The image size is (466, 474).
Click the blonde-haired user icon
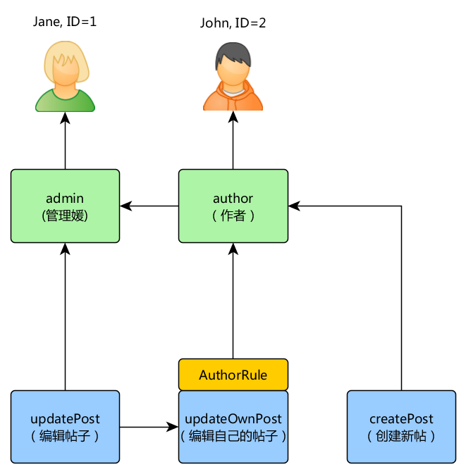click(x=65, y=76)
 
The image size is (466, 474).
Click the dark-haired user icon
click(x=233, y=76)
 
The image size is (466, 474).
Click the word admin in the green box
click(x=65, y=198)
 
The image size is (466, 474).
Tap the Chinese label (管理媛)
click(x=65, y=216)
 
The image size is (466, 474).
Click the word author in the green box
click(x=233, y=198)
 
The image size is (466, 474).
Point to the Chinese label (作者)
click(x=233, y=216)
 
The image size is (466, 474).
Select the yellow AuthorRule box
click(x=233, y=375)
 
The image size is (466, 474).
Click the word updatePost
click(x=65, y=419)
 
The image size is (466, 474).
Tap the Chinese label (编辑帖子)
click(x=65, y=436)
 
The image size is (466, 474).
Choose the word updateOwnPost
click(x=233, y=419)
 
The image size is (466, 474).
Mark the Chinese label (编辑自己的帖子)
click(x=233, y=436)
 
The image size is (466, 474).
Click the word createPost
click(x=401, y=419)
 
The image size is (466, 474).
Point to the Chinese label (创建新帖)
click(x=401, y=436)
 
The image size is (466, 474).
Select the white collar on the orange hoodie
click(x=233, y=91)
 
